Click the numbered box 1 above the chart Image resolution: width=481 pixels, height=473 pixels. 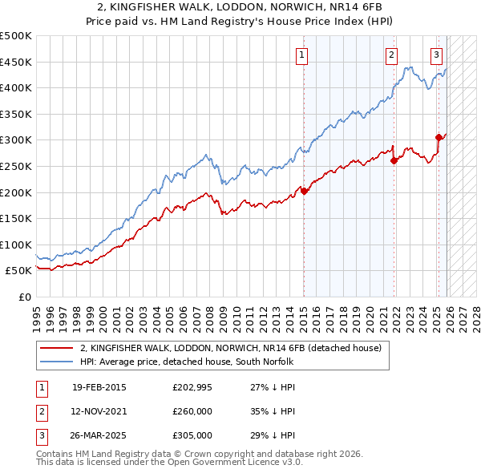[x=301, y=55]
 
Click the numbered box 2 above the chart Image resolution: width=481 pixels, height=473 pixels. [x=391, y=55]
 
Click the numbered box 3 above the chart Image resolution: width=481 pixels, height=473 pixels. [x=436, y=55]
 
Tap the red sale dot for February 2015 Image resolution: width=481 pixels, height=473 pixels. [x=304, y=191]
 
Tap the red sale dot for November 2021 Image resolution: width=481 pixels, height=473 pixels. [x=394, y=160]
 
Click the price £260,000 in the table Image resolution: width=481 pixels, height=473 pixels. [x=192, y=411]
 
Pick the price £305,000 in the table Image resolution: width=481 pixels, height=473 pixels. [x=192, y=435]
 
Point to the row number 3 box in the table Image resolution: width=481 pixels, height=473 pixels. [x=41, y=435]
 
